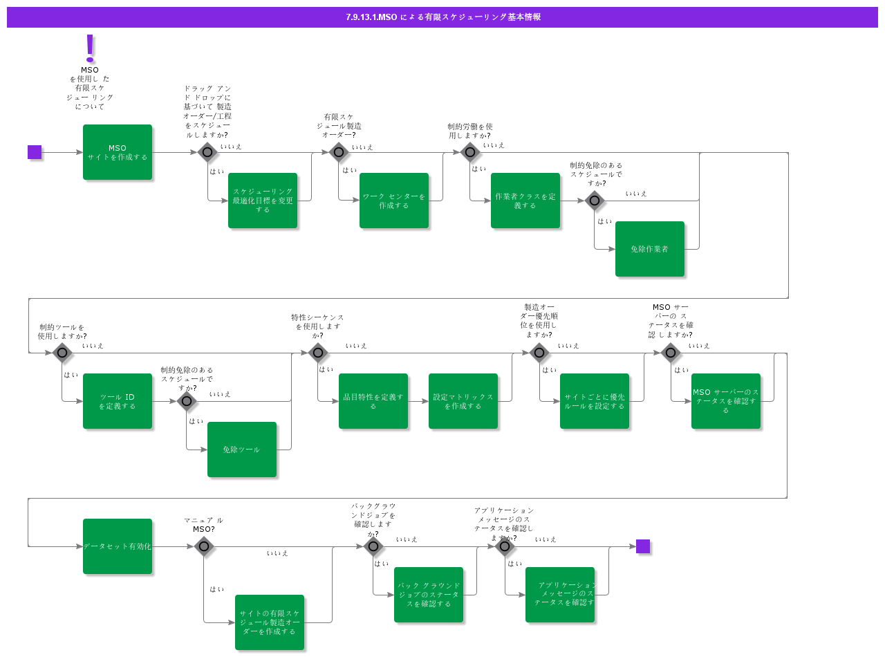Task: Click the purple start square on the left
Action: click(x=35, y=152)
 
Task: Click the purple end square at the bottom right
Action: click(x=643, y=546)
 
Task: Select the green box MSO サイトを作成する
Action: click(x=118, y=152)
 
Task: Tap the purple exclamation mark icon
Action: click(x=90, y=48)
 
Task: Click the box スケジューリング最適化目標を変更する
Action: click(x=263, y=201)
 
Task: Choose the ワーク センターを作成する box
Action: click(x=394, y=201)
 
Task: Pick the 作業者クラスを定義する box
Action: click(x=525, y=201)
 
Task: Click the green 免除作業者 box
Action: click(x=650, y=249)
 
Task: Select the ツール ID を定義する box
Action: click(x=118, y=401)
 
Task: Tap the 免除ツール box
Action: click(x=242, y=450)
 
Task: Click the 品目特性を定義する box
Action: click(x=373, y=401)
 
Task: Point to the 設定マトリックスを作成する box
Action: click(x=463, y=401)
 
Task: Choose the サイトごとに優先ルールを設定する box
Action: click(x=595, y=401)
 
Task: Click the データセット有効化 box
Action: click(x=118, y=546)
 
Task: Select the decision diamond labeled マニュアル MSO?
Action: click(x=203, y=546)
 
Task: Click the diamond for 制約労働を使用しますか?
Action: click(x=470, y=152)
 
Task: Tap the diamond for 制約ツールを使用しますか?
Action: click(x=62, y=353)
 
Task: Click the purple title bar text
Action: click(x=442, y=17)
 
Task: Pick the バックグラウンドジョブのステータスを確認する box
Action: click(x=429, y=595)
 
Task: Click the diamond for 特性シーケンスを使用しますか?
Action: click(x=318, y=353)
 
